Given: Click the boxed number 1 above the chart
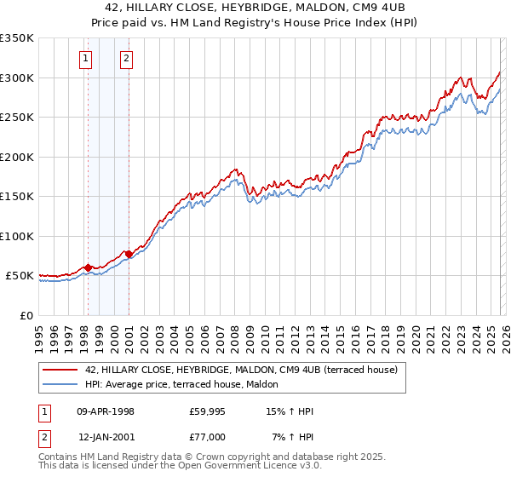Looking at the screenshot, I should [x=86, y=59].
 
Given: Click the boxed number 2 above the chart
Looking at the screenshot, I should [x=126, y=59].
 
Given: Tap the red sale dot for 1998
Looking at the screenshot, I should [x=88, y=267].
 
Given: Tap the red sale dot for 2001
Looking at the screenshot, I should [x=129, y=254].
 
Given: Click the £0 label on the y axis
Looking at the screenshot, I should [x=26, y=316].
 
